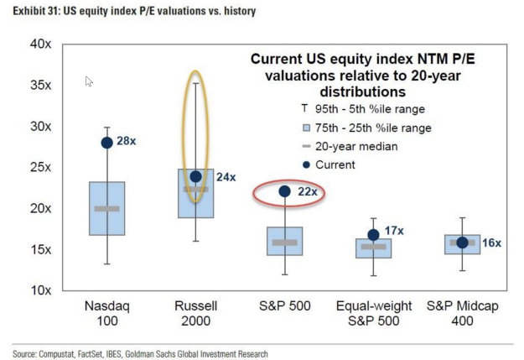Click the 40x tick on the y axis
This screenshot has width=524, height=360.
click(40, 44)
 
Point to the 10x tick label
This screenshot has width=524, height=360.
click(40, 290)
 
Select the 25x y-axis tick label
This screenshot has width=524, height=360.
click(40, 167)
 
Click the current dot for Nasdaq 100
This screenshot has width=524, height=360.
click(107, 143)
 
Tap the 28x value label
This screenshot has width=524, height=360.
click(126, 142)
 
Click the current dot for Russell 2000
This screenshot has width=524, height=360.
click(196, 176)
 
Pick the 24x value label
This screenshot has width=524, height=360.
click(226, 177)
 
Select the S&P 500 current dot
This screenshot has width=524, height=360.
click(285, 191)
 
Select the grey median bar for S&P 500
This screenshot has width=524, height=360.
click(285, 243)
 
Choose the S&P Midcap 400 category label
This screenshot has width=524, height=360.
click(463, 314)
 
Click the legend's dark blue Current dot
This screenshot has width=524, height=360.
click(305, 164)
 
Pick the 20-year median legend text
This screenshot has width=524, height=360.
click(355, 146)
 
